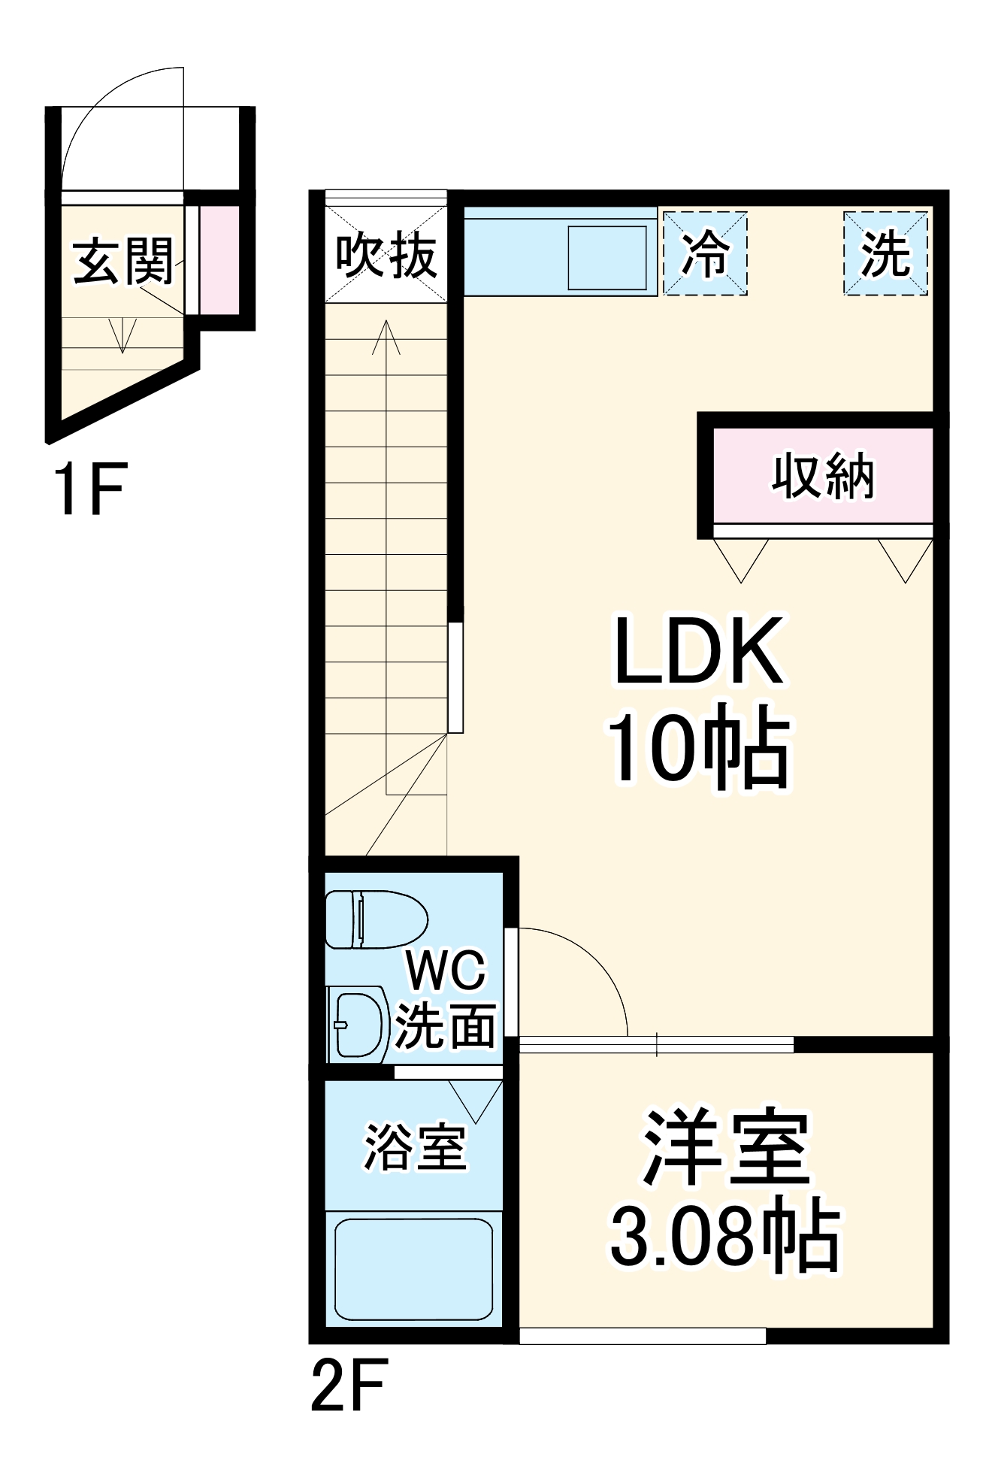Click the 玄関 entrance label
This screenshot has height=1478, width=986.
tap(124, 262)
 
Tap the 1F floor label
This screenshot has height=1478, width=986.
tap(89, 490)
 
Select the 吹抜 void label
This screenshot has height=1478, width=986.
tap(386, 256)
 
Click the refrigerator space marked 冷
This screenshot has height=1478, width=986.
tap(705, 253)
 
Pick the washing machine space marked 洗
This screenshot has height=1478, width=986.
tap(885, 253)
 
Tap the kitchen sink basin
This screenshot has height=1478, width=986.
tap(607, 257)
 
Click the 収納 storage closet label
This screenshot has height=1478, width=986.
tap(823, 476)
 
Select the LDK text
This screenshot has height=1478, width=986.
tap(698, 651)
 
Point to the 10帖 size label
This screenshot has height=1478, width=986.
tap(698, 747)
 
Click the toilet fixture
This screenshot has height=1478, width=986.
tap(375, 919)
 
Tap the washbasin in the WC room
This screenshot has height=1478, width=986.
tap(358, 1024)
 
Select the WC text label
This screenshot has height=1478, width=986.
tap(446, 971)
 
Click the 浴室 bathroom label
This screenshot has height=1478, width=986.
tap(415, 1147)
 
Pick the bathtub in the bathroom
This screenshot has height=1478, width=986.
tap(413, 1269)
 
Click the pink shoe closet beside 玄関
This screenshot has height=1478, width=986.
tap(219, 259)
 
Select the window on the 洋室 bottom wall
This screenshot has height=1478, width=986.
tap(643, 1336)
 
